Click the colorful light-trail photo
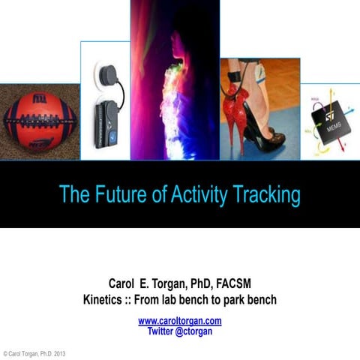(174, 82)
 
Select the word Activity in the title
(197, 196)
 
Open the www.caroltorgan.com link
(180, 321)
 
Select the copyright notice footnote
(34, 352)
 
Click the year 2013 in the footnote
(59, 352)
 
